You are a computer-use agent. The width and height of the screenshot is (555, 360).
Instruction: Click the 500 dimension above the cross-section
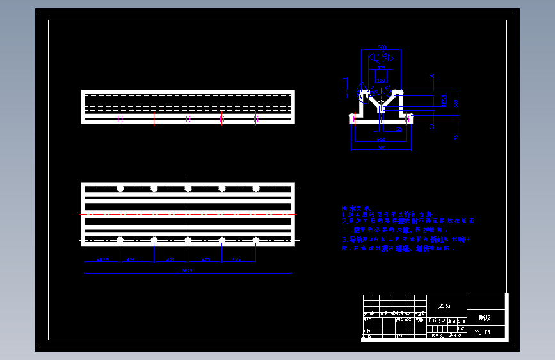(382, 48)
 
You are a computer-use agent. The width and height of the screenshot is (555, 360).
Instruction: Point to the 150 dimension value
(382, 81)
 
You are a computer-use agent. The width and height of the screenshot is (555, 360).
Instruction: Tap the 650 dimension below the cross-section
(382, 138)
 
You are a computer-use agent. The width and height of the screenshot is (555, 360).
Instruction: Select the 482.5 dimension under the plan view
(102, 260)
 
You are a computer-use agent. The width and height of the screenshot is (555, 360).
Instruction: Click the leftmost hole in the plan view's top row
(120, 188)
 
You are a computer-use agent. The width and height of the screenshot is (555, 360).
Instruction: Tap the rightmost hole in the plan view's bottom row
(256, 240)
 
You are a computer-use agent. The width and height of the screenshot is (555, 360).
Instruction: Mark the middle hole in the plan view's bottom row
(188, 240)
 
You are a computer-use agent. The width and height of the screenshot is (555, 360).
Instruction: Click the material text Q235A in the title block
(444, 306)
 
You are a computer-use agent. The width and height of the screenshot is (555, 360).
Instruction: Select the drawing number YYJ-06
(483, 332)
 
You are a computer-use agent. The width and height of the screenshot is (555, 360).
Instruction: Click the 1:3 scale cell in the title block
(461, 328)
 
